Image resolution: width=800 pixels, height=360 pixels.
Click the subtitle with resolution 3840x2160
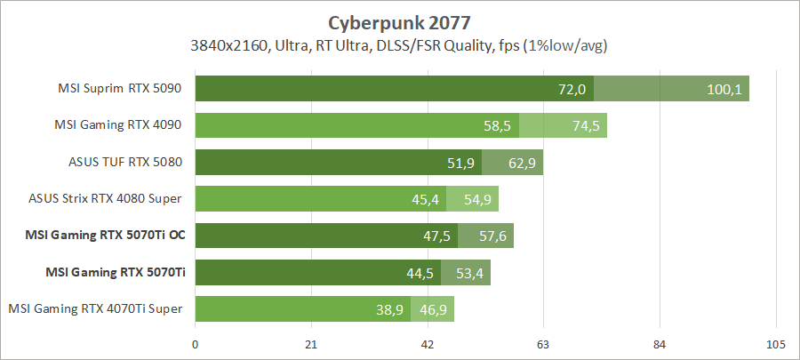pos(399,45)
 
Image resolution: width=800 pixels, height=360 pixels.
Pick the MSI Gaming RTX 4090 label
pos(123,125)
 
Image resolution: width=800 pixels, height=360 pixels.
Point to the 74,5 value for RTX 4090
pos(586,126)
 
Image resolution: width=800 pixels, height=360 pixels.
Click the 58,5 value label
pos(497,126)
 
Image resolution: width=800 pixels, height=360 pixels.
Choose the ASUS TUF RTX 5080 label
pos(124,163)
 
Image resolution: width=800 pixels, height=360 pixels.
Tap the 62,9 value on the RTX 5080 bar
pos(522,163)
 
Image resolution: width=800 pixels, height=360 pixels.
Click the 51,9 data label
pos(460,163)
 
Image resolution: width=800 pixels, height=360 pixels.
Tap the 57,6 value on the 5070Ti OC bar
pos(492,236)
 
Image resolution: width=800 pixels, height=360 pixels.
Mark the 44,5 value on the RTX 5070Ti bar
pos(420,273)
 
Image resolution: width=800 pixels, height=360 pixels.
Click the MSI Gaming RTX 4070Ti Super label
pos(96,308)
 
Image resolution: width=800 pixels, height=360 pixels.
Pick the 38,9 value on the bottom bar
pos(388,309)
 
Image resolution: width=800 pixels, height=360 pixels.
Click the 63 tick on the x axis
pos(544,345)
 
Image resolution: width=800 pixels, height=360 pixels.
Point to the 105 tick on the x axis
pos(775,345)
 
